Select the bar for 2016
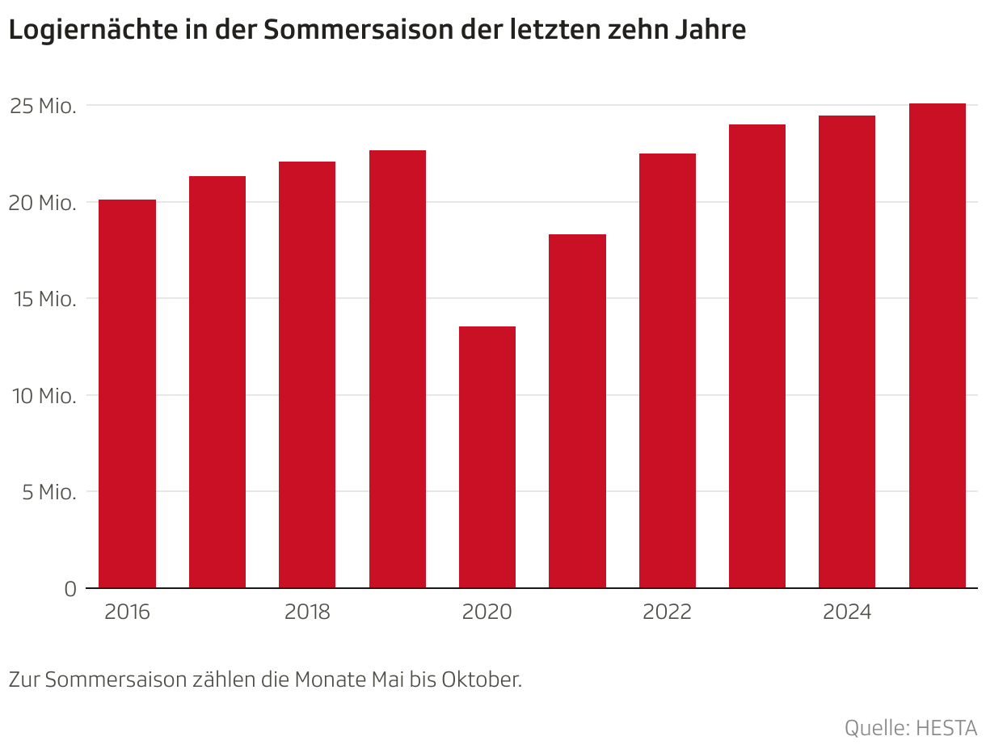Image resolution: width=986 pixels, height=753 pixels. coord(127,393)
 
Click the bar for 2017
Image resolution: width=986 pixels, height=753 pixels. coord(217,382)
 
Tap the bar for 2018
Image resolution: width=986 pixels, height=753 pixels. coord(307,375)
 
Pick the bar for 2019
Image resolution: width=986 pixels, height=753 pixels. coord(398,369)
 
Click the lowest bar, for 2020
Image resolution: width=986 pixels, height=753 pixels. coord(487,457)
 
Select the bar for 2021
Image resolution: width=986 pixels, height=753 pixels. coord(577,411)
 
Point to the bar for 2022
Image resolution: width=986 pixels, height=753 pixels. coord(668,371)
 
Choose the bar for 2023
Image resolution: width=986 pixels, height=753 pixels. coord(757,356)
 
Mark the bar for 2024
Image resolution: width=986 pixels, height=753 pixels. coord(847,352)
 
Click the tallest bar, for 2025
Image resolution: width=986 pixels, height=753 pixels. coord(938,346)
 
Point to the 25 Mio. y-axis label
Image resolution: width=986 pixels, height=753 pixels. coord(43,106)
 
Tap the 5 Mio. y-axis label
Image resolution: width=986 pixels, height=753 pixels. coord(48,492)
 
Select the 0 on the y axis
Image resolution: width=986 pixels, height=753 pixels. coord(70,589)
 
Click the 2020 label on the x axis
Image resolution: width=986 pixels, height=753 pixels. coord(487,612)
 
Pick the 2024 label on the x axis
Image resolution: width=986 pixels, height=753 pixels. coord(847,612)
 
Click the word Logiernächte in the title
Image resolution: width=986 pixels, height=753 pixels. coord(81,30)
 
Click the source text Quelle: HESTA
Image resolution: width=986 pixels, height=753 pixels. coord(911,728)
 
